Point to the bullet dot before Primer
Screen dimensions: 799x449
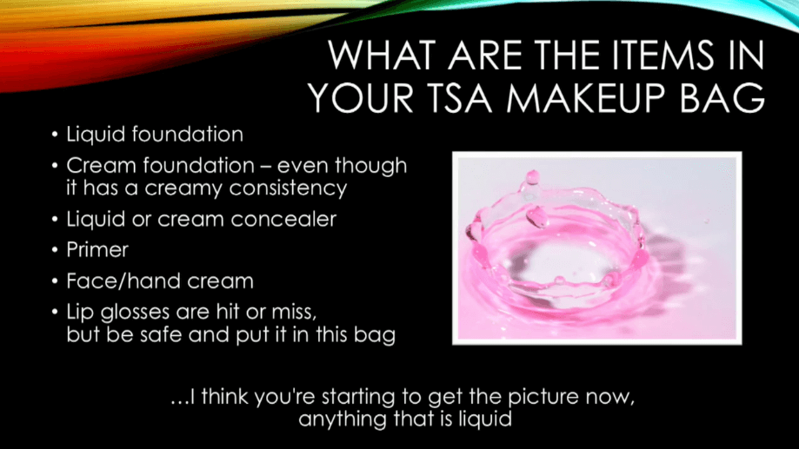55,250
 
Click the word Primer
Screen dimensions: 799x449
97,250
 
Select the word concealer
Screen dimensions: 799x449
283,220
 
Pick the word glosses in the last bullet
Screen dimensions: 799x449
135,312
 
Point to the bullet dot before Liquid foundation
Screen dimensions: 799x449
55,135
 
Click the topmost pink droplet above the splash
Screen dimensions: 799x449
532,177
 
